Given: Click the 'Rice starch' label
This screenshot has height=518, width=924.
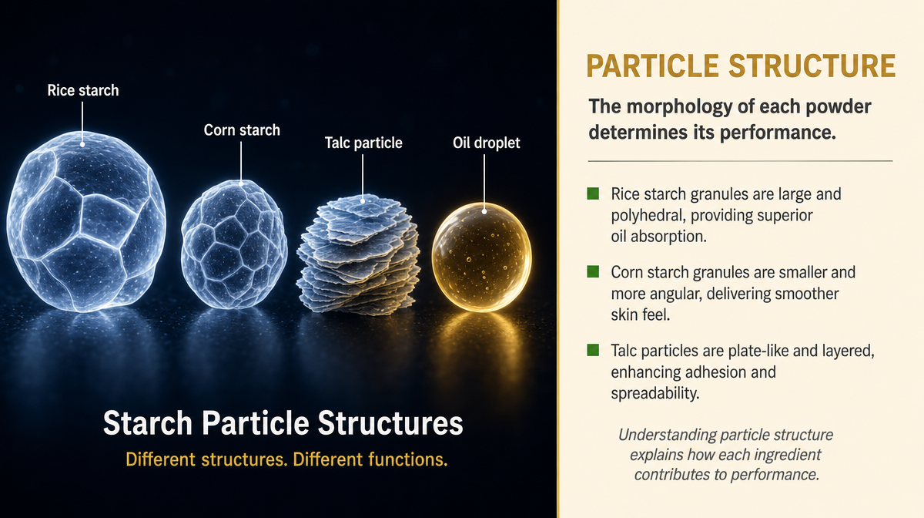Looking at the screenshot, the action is tap(83, 90).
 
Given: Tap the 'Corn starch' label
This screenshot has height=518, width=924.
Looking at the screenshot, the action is tap(242, 130).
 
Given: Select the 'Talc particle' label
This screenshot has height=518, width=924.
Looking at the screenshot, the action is tap(363, 143).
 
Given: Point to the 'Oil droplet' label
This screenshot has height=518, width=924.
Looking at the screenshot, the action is tap(487, 143).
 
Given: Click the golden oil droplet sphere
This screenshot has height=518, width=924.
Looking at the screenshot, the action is tap(482, 257).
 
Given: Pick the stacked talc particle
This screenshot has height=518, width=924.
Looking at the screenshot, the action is tap(359, 255).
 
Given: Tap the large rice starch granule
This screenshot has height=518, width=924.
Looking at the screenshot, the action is tap(86, 222).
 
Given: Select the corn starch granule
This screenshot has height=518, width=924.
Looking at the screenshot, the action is tap(234, 244).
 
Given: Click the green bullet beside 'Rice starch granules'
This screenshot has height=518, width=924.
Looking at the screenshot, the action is tap(593, 193).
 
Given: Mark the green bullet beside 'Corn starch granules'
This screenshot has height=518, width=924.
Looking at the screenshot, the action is tap(593, 271).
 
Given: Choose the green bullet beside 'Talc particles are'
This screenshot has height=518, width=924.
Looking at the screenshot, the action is tap(593, 350).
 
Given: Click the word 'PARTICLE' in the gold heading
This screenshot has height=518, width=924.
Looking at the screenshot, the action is tap(652, 66).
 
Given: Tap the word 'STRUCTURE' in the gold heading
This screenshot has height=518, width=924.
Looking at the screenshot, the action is tap(812, 66).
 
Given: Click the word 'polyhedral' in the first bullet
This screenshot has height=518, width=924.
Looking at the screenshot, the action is tap(647, 216).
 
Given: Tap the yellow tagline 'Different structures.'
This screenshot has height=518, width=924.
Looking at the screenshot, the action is tap(206, 459).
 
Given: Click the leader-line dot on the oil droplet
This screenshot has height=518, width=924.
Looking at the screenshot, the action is tap(484, 211).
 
